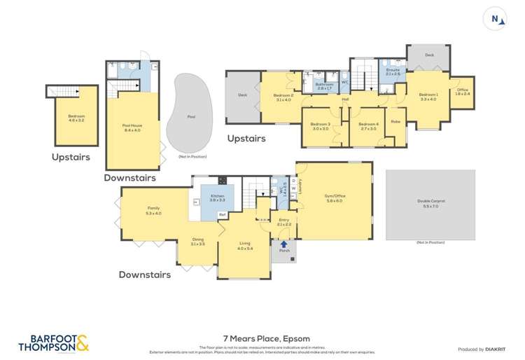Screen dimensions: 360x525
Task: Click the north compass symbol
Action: click(x=496, y=19)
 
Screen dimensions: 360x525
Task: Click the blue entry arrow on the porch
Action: click(x=283, y=244)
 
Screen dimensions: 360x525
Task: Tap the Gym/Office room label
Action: click(x=334, y=198)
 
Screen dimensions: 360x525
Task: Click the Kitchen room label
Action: click(x=216, y=198)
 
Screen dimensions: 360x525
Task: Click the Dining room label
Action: click(x=197, y=242)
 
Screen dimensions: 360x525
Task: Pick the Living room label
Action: click(x=244, y=246)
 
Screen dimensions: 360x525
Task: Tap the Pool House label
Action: click(x=132, y=127)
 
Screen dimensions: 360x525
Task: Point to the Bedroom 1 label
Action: click(x=428, y=97)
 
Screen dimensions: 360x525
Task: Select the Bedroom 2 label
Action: click(x=282, y=97)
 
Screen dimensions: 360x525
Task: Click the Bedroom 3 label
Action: click(x=321, y=126)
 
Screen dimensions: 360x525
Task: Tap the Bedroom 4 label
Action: click(x=368, y=126)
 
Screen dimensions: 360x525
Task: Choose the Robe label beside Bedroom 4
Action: click(x=395, y=121)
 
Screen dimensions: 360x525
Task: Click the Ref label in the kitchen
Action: click(x=222, y=214)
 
